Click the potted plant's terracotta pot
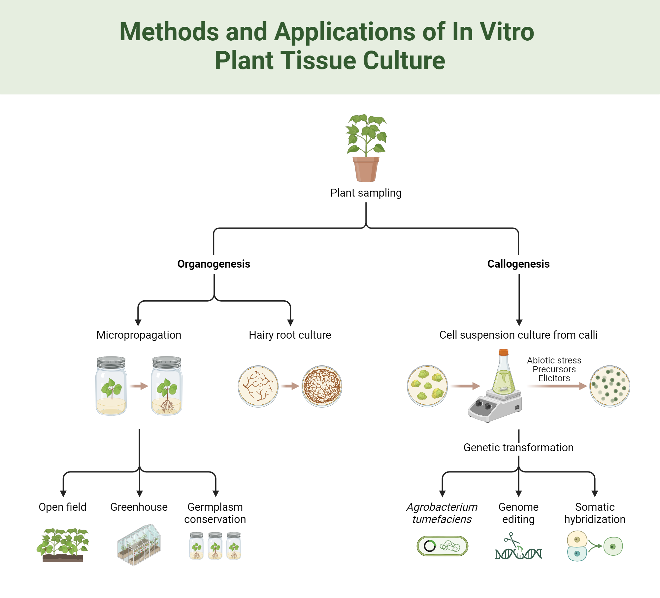point(366,169)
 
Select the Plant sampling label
point(366,193)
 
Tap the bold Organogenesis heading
point(214,264)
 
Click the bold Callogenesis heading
point(518,264)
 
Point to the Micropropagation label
point(139,335)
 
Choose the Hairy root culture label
point(290,335)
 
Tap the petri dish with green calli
point(427,386)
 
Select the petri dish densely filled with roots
point(322,386)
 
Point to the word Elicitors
point(554,378)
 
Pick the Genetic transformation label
point(518,448)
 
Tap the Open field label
point(62,507)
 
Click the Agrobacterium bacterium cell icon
point(442,546)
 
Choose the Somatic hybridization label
point(595,513)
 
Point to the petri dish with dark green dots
point(610,386)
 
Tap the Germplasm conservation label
point(215,513)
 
